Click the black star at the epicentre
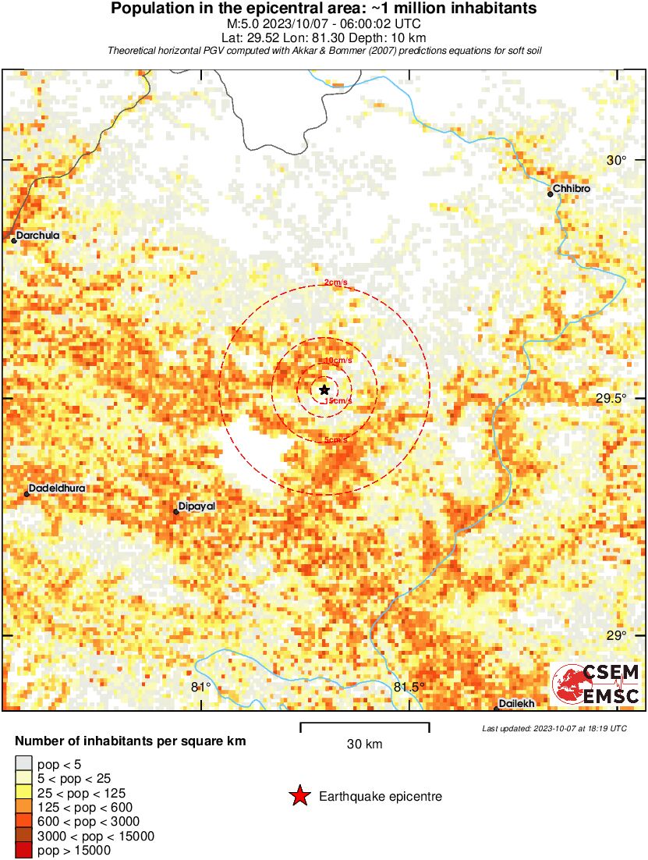click(x=324, y=389)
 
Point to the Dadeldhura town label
click(x=56, y=489)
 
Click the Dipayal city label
click(x=196, y=506)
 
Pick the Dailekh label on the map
click(x=516, y=703)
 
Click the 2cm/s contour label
click(x=336, y=283)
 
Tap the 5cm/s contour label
click(x=336, y=441)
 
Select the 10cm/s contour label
click(x=338, y=361)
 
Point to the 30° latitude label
click(x=618, y=161)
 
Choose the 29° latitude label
click(x=616, y=635)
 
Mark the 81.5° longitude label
click(x=409, y=687)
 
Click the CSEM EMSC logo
click(x=597, y=684)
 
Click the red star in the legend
click(x=299, y=796)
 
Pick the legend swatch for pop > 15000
click(x=24, y=850)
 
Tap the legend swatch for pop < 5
click(x=24, y=763)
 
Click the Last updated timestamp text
click(x=554, y=728)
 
